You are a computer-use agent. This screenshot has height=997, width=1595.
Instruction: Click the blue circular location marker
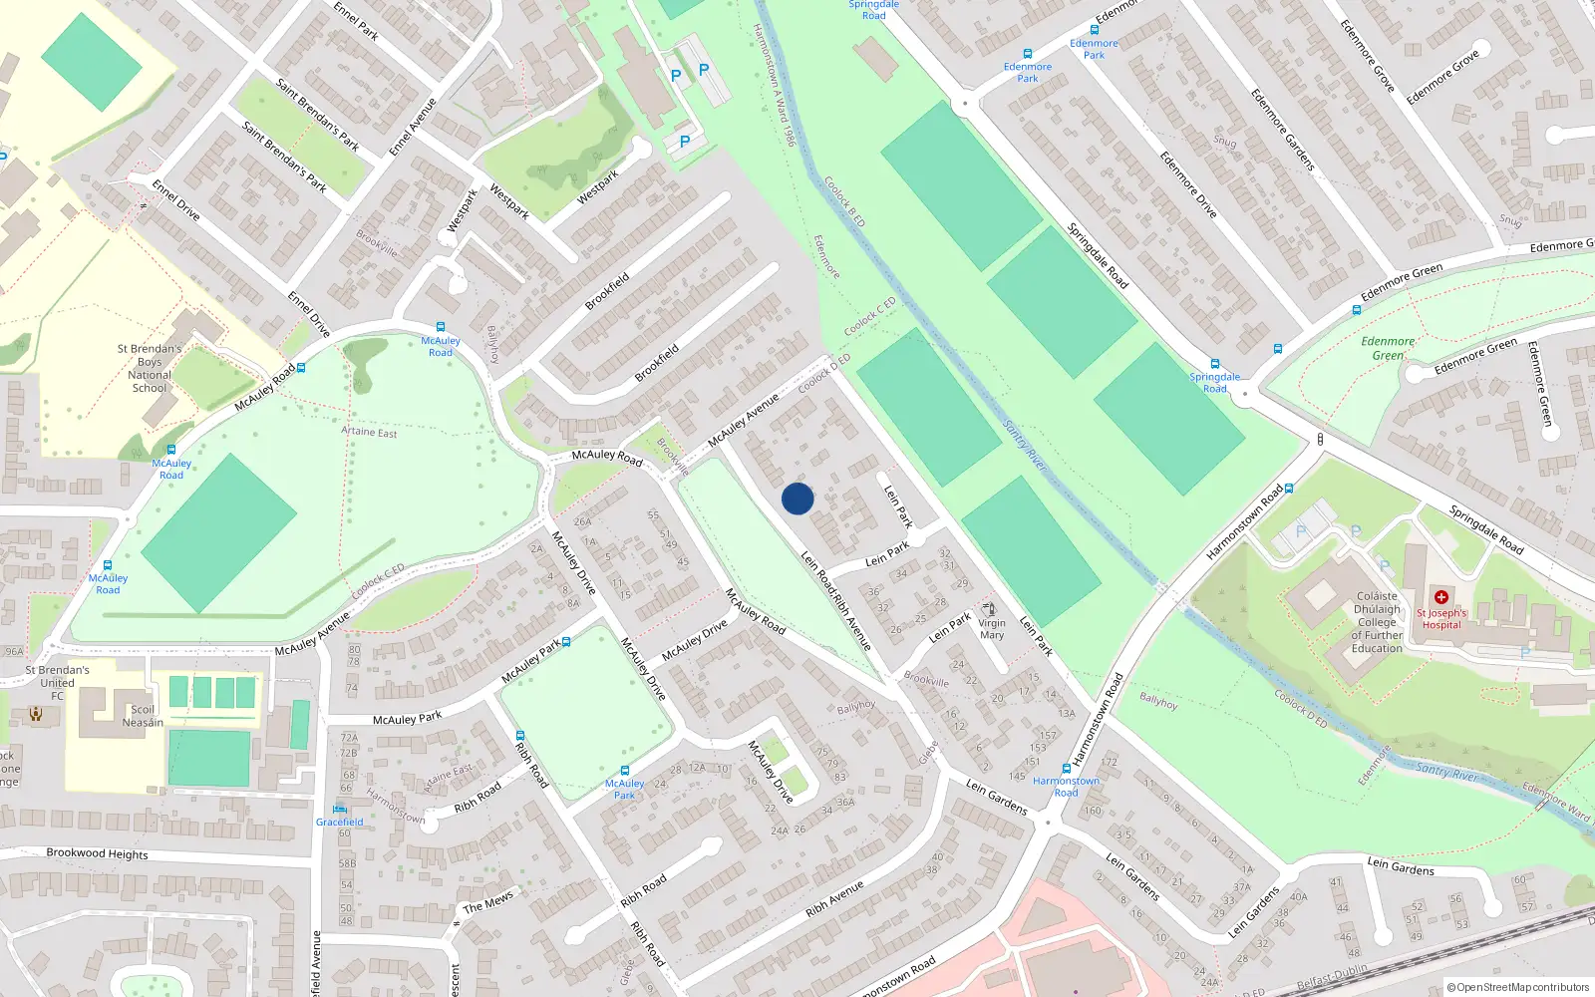click(x=797, y=498)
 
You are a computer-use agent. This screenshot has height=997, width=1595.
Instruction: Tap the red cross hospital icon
click(x=1440, y=596)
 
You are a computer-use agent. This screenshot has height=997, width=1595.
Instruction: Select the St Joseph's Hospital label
click(x=1441, y=619)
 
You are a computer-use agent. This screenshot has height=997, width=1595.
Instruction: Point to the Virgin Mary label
click(x=992, y=629)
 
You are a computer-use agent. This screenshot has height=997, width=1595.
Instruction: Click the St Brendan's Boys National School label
click(x=150, y=368)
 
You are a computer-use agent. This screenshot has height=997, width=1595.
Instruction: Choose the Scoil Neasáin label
click(x=143, y=716)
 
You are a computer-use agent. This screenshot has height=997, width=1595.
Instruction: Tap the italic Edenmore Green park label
click(x=1388, y=348)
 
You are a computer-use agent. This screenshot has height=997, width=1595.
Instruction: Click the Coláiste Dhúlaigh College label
click(x=1377, y=622)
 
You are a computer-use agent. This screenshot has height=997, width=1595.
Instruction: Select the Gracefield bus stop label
click(x=340, y=822)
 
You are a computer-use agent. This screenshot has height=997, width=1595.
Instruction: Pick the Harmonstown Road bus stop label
click(x=1066, y=787)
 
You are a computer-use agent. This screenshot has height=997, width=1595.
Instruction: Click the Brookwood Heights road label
click(x=97, y=853)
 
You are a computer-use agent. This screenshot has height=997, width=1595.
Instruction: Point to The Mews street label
click(x=487, y=902)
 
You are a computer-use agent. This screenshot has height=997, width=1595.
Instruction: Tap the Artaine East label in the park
click(x=369, y=432)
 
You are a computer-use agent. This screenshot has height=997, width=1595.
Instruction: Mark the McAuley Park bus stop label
click(x=624, y=789)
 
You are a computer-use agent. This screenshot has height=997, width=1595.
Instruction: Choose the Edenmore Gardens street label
click(x=1283, y=130)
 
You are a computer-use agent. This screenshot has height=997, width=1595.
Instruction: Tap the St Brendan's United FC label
click(x=57, y=682)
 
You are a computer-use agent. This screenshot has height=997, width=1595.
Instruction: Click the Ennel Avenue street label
click(x=413, y=127)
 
